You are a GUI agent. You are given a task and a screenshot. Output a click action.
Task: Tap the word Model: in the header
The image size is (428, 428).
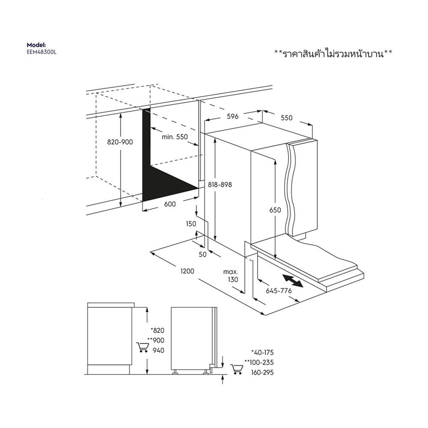point(36,45)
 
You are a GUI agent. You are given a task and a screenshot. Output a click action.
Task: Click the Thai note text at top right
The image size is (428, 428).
point(333,53)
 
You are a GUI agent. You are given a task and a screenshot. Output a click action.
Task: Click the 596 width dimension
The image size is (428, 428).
point(232,116)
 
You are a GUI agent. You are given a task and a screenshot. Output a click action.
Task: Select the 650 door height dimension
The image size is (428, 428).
point(275,210)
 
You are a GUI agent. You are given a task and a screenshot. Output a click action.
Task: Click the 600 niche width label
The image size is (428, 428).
point(170,204)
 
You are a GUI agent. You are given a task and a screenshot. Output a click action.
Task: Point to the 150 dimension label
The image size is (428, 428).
point(191,224)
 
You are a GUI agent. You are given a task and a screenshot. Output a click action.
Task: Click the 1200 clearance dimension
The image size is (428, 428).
point(187,271)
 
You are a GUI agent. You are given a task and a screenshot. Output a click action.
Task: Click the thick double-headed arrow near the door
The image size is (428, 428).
point(293,282)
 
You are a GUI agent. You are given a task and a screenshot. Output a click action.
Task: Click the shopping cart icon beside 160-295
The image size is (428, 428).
point(236,369)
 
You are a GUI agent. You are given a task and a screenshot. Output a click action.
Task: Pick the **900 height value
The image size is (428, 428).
point(156,340)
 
